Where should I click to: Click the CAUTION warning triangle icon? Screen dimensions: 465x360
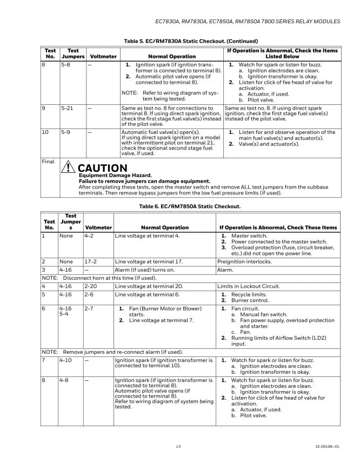coord(69,169)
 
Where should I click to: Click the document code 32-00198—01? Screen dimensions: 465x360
coord(328,446)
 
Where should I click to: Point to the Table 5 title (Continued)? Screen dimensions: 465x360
coord(183,41)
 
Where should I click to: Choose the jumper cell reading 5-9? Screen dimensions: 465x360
coord(66,132)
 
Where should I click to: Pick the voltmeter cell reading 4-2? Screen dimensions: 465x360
coord(89,236)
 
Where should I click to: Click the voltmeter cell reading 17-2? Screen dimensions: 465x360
coord(90,261)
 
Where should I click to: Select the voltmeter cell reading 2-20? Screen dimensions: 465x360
coord(91,286)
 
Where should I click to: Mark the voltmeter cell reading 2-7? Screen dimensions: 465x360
coord(89,308)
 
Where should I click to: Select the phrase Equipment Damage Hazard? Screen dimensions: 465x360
coord(115,176)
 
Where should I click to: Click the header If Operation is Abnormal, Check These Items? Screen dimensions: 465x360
coord(278,227)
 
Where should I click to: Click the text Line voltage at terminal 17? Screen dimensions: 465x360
coord(149,261)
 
